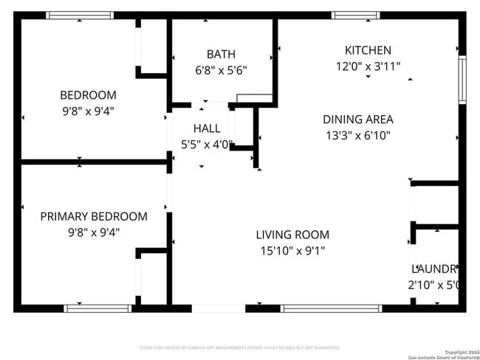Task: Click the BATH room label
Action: pyautogui.click(x=221, y=54)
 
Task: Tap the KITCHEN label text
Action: pyautogui.click(x=368, y=50)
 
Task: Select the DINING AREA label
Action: pyautogui.click(x=358, y=119)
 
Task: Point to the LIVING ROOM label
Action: pyautogui.click(x=292, y=235)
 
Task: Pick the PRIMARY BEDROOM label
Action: pyautogui.click(x=94, y=216)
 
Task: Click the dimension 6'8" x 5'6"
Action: pyautogui.click(x=221, y=71)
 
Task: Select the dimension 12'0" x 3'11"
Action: pyautogui.click(x=368, y=66)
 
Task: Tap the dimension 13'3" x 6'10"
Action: pyautogui.click(x=358, y=135)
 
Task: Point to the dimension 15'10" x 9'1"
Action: pyautogui.click(x=292, y=251)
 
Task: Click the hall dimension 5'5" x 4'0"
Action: pyautogui.click(x=207, y=145)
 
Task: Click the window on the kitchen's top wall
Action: pyautogui.click(x=355, y=15)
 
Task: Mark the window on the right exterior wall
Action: pyautogui.click(x=463, y=80)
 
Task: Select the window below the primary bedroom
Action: pyautogui.click(x=86, y=308)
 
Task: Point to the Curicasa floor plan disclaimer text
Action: pyautogui.click(x=240, y=347)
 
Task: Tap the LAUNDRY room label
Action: pyautogui.click(x=436, y=269)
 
